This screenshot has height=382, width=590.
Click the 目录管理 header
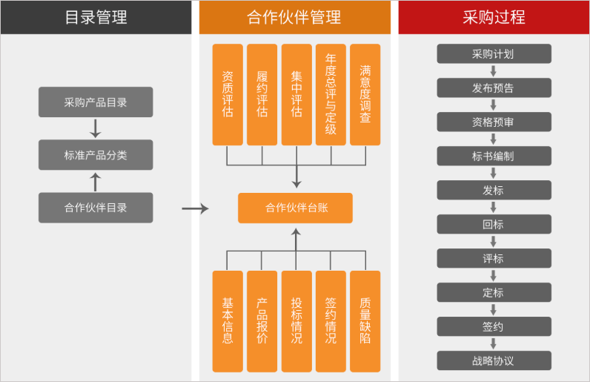coord(96,17)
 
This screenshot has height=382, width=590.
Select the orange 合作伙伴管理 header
coord(294,17)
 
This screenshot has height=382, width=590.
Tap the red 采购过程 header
coord(494,17)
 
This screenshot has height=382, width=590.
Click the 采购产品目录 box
coord(96,102)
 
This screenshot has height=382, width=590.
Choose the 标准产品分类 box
coord(96,155)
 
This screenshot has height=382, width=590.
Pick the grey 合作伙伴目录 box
coord(96,208)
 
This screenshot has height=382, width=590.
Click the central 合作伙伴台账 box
coord(295,208)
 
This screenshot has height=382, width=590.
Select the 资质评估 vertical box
coord(228,95)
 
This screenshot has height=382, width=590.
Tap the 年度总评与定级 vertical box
coord(331,95)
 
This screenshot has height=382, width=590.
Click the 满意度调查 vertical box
coord(365,95)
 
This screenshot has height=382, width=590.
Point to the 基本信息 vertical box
coord(228,321)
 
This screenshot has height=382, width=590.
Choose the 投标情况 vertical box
coord(296,321)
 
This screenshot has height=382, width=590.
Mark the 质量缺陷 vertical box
coord(365,321)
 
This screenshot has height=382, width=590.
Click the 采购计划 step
coord(494,54)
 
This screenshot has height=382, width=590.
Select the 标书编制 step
coord(494,157)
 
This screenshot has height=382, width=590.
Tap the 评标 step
coord(494,259)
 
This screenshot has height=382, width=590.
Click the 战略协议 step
coord(494,361)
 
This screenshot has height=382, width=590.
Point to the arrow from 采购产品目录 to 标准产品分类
coord(95,128)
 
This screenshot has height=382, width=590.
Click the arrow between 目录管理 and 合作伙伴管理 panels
coord(195,209)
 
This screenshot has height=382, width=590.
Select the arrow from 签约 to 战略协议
coord(494,344)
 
